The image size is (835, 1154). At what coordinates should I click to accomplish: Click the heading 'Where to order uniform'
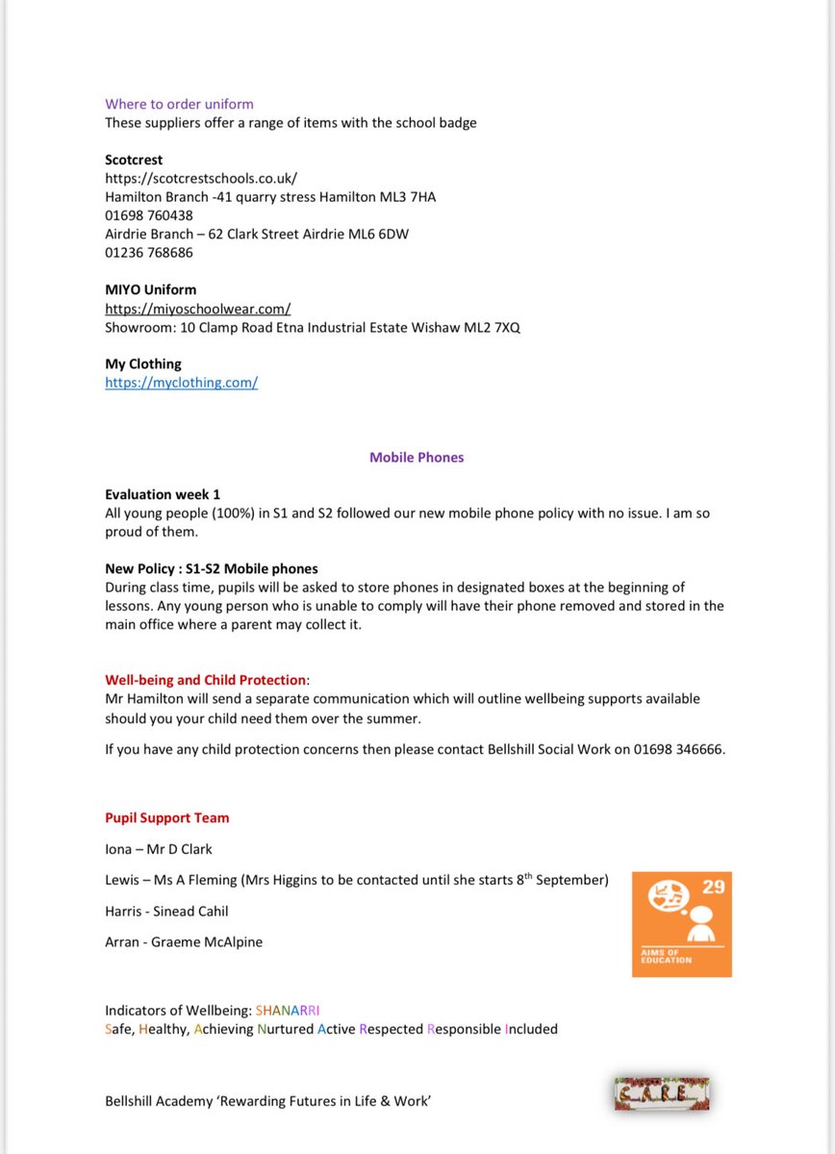(x=179, y=104)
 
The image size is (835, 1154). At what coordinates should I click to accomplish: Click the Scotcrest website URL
(x=201, y=178)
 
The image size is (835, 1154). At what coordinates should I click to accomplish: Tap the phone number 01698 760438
(x=149, y=215)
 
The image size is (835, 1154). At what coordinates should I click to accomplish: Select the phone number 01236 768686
(x=149, y=253)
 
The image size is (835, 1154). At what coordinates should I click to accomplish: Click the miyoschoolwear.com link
(x=197, y=309)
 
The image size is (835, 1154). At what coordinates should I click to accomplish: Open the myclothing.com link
(x=181, y=383)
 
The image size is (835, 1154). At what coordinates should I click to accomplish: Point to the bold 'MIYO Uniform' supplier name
(x=150, y=289)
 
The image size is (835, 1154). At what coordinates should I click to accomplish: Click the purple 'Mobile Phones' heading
(x=417, y=458)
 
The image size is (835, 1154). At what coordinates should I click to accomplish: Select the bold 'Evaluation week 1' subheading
(x=163, y=494)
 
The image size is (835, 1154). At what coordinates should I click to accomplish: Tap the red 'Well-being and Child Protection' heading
(x=205, y=680)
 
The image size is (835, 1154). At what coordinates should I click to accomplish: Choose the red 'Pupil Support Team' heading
(x=166, y=818)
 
